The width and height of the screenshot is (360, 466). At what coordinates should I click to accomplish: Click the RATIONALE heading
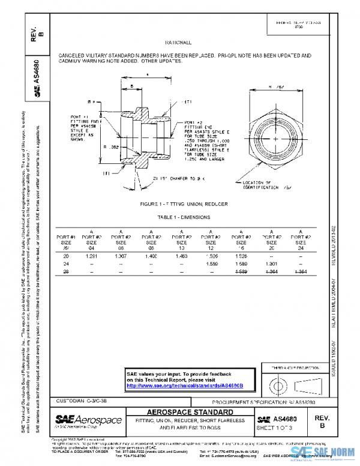pyautogui.click(x=178, y=43)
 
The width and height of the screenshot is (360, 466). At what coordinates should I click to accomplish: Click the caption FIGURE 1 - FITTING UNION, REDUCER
pyautogui.click(x=184, y=204)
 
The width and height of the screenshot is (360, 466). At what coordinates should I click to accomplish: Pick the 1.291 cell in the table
pyautogui.click(x=92, y=256)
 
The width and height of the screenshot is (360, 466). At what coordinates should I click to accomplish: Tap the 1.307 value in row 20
pyautogui.click(x=121, y=256)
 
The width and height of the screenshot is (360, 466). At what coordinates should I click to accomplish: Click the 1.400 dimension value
pyautogui.click(x=151, y=256)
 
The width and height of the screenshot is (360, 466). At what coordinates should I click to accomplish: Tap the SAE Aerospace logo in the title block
pyautogui.click(x=88, y=420)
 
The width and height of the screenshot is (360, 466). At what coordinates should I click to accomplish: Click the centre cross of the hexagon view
pyautogui.click(x=275, y=139)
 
